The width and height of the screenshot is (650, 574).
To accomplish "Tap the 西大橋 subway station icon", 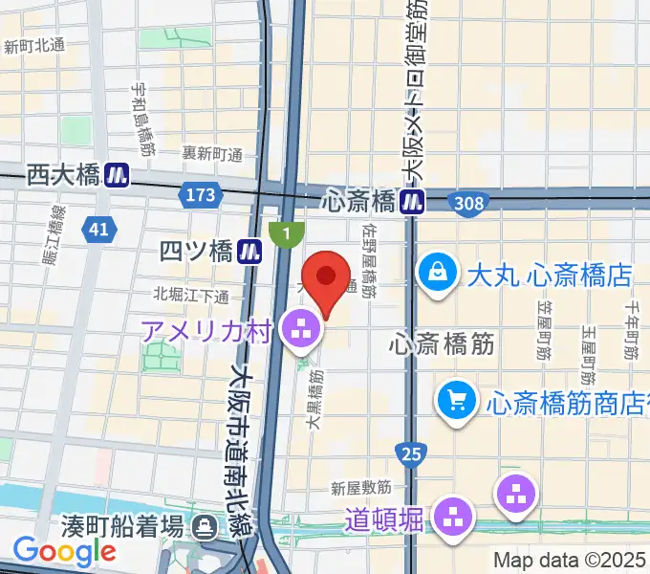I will (118, 174).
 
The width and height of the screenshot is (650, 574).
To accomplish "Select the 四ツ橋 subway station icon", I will (250, 252).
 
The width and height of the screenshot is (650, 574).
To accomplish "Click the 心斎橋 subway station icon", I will (413, 202).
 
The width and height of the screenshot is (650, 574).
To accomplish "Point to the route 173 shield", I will (198, 195).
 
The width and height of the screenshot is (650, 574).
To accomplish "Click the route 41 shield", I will (97, 229).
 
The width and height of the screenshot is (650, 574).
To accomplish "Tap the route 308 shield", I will (470, 203).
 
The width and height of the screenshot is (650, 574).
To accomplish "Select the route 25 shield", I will (409, 450).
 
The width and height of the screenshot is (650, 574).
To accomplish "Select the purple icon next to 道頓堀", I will (454, 519).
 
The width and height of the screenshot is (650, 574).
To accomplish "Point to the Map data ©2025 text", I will (571, 560).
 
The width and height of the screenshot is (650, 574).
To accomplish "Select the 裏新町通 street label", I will (213, 153).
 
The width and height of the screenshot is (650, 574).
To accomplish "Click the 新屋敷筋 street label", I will (361, 488).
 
